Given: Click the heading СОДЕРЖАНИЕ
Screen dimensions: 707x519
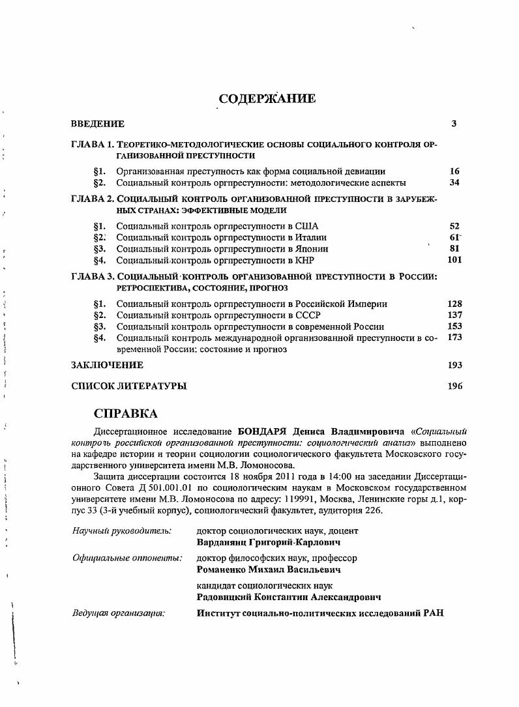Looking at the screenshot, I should point(267,99).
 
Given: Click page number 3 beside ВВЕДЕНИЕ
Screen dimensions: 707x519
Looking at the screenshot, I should point(454,124).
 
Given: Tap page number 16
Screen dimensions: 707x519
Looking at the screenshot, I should point(454,171).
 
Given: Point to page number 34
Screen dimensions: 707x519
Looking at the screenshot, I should point(454,182).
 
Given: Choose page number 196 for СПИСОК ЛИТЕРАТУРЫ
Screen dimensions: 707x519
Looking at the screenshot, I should point(454,386).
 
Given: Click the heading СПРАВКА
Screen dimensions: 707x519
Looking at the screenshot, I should point(126,414).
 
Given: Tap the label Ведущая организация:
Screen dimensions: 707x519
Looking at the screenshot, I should point(118,613).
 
